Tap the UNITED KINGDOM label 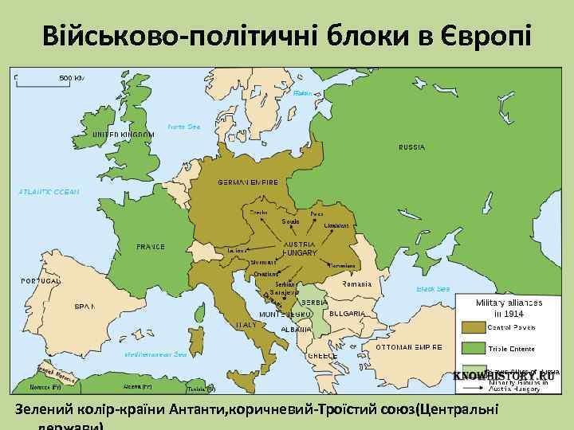(122, 135)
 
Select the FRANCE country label (151, 247)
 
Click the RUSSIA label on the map (411, 147)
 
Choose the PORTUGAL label (41, 281)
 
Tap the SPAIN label (85, 306)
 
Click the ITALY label (246, 325)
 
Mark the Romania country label (356, 284)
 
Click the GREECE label (322, 356)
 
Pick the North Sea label (183, 127)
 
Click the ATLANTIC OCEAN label (49, 192)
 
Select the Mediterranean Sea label (155, 354)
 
